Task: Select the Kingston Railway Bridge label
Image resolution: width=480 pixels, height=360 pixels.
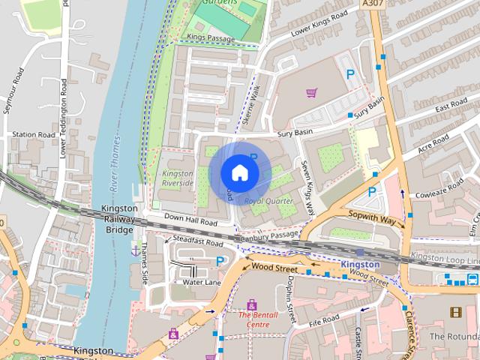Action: pyautogui.click(x=119, y=218)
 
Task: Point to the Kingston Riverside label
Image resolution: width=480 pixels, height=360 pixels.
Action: pyautogui.click(x=178, y=178)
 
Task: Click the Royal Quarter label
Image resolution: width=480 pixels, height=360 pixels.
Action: pyautogui.click(x=269, y=201)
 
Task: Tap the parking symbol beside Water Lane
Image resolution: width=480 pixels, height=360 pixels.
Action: pyautogui.click(x=220, y=261)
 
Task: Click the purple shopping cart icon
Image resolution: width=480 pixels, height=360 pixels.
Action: pyautogui.click(x=311, y=93)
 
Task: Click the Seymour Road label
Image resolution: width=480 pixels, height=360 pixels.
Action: pyautogui.click(x=12, y=91)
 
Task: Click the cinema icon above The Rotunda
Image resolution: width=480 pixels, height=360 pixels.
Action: pyautogui.click(x=454, y=311)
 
